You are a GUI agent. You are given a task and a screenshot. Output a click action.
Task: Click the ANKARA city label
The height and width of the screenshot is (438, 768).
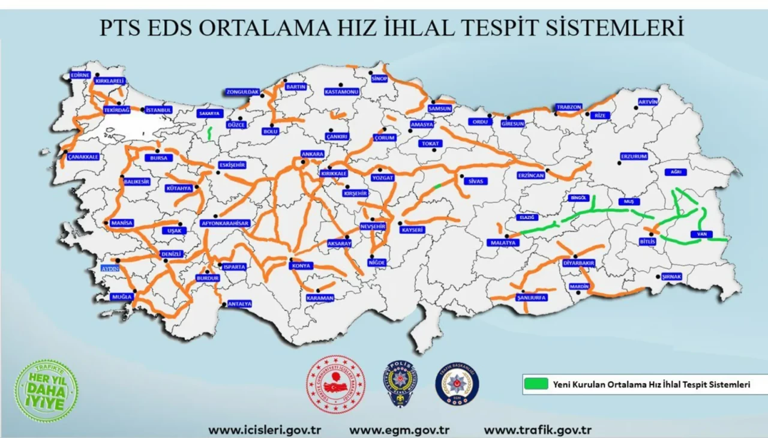(313, 154)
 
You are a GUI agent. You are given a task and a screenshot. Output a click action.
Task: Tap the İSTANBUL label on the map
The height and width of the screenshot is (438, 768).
(158, 110)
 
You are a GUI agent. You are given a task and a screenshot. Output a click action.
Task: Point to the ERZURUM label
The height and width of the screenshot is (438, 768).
(634, 156)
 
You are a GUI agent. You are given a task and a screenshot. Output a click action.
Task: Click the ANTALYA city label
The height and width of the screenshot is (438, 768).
(239, 304)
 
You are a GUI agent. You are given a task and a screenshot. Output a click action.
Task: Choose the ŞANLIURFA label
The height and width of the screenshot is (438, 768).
(532, 297)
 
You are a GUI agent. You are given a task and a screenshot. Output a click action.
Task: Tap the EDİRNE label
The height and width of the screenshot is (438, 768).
(80, 75)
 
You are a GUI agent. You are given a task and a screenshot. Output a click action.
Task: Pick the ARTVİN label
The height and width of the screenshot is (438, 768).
(648, 101)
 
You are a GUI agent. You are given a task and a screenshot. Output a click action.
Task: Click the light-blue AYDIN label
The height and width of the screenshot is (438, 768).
(111, 268)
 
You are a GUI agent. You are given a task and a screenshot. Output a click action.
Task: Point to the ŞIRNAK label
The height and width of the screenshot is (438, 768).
(671, 277)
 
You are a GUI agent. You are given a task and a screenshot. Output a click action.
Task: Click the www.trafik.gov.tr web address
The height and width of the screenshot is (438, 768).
(538, 430)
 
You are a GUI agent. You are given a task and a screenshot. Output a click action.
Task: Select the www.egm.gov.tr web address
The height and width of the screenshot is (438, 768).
(400, 430)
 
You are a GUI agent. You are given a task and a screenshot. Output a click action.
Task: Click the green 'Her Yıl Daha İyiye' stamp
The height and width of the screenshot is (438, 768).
(46, 391)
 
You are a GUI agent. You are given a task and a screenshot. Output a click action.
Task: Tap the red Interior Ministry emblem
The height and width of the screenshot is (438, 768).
(335, 384)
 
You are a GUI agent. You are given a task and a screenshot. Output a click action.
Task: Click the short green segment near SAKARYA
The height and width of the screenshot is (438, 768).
(210, 133)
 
